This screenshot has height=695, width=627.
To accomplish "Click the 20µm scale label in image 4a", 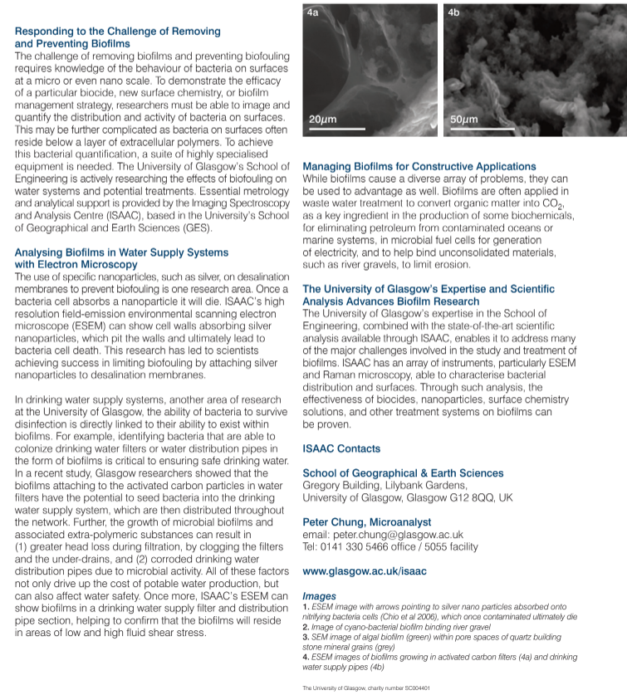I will click(322, 120).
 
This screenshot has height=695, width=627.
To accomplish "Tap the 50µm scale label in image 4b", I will click(463, 120).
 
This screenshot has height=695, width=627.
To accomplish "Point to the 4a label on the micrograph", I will click(312, 13).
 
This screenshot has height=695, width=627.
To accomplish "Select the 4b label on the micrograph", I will click(453, 13).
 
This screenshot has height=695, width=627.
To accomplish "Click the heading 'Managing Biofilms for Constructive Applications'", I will click(419, 167).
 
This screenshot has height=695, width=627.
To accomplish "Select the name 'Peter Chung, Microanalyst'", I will click(367, 522).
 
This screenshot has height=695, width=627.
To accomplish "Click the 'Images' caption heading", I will click(319, 596).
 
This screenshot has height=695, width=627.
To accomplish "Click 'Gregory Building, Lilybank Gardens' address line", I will click(385, 486).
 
